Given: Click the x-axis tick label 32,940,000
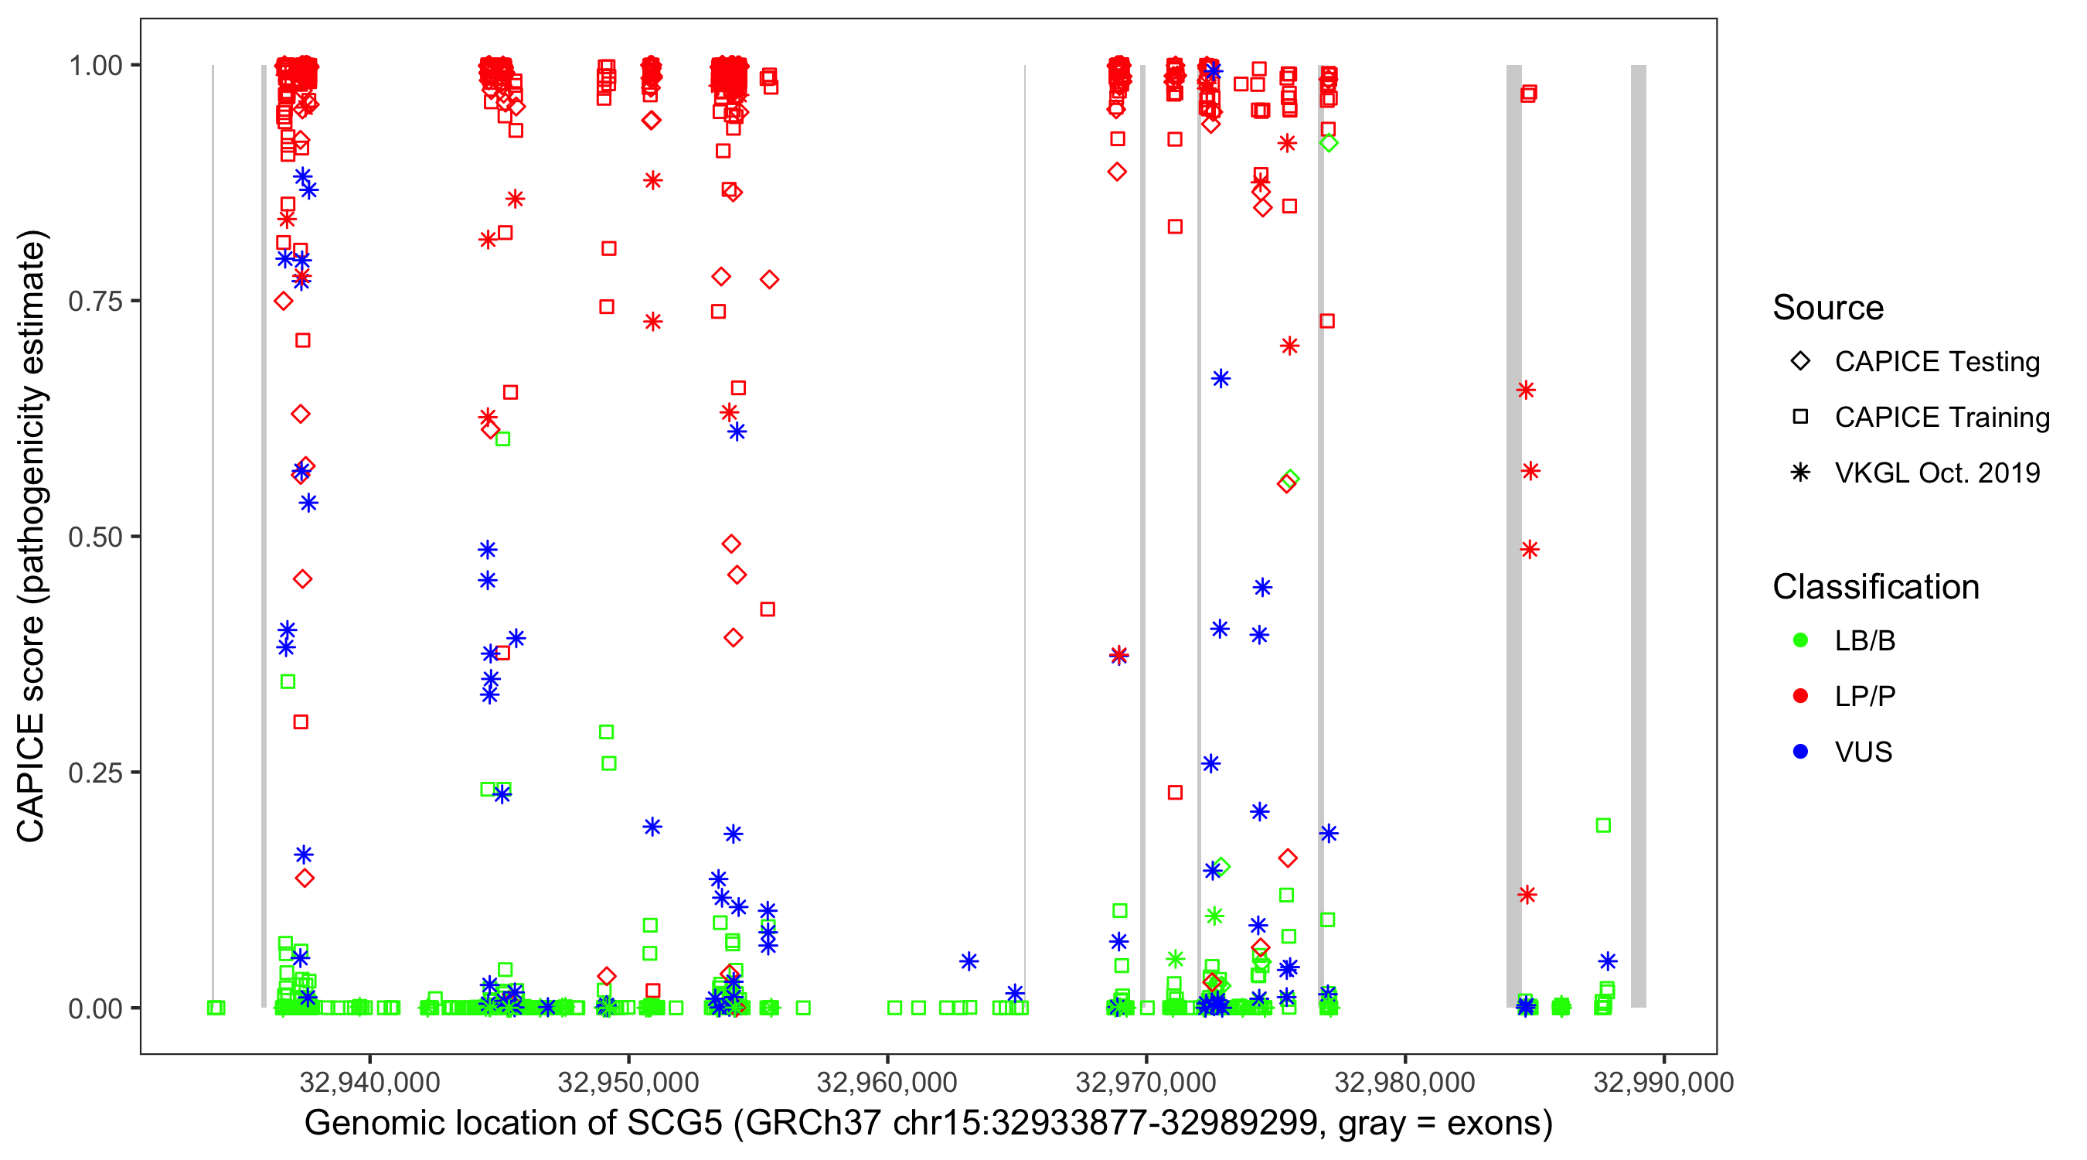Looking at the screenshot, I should pyautogui.click(x=369, y=1081).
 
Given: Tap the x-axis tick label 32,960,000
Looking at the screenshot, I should pyautogui.click(x=887, y=1081).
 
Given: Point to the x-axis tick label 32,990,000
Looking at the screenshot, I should pyautogui.click(x=1663, y=1081).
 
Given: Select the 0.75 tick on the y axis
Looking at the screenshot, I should pyautogui.click(x=95, y=302).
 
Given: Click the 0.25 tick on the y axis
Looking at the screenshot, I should pyautogui.click(x=95, y=773).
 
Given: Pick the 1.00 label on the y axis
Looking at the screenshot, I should pyautogui.click(x=95, y=66).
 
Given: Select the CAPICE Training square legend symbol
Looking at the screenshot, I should pyautogui.click(x=1800, y=418).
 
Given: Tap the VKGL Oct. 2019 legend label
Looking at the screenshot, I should pyautogui.click(x=1937, y=473).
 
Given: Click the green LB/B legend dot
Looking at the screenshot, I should pyautogui.click(x=1800, y=640).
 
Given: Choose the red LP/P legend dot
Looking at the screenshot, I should pyautogui.click(x=1800, y=696).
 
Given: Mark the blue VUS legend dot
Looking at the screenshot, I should pyautogui.click(x=1800, y=752).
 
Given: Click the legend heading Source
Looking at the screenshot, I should pyautogui.click(x=1828, y=308).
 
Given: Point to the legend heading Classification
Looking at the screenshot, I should pyautogui.click(x=1875, y=587).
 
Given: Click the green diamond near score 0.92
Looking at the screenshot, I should pyautogui.click(x=1329, y=144).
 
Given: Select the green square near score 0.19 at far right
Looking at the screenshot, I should pyautogui.click(x=1602, y=825).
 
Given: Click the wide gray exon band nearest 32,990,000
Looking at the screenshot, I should pyautogui.click(x=1638, y=535).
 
